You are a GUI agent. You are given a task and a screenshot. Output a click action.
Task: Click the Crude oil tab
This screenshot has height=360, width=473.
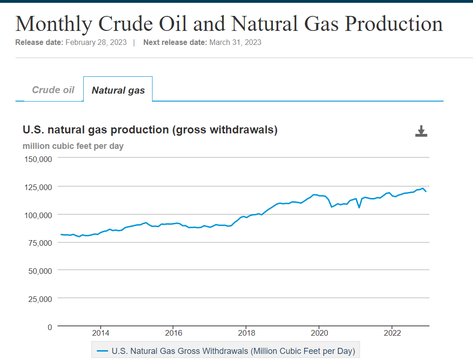tap(53, 90)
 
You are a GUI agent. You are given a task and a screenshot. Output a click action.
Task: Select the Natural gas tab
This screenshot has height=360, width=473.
tap(118, 90)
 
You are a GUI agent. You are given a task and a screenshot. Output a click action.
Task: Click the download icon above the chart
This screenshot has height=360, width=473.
tap(421, 131)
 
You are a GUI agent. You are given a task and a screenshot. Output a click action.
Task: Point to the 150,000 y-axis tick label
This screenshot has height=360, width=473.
tap(37, 159)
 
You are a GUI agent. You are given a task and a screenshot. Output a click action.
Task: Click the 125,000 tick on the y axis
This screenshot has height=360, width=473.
tap(37, 187)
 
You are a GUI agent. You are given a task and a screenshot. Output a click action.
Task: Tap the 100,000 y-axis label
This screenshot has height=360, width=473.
tap(37, 215)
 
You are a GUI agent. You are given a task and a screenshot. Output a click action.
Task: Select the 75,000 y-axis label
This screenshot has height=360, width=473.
tap(40, 242)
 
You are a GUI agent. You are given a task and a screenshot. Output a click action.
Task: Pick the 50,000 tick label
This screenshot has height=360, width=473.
tap(40, 271)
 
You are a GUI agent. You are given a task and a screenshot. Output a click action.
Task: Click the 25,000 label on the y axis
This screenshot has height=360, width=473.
tap(40, 299)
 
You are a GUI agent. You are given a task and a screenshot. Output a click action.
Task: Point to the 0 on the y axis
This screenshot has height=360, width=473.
tap(50, 327)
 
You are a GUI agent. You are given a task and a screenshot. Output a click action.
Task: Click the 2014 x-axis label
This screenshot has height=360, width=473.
tap(100, 333)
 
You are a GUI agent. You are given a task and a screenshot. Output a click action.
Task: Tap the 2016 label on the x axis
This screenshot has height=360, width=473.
tap(173, 333)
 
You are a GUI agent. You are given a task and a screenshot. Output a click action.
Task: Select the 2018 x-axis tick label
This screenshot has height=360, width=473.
tap(246, 333)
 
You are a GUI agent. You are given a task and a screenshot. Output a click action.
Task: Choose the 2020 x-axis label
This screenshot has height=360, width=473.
tap(319, 333)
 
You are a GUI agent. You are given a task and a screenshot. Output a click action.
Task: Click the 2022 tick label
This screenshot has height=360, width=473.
tap(392, 333)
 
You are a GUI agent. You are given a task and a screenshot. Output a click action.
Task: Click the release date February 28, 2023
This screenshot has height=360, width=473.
tap(96, 42)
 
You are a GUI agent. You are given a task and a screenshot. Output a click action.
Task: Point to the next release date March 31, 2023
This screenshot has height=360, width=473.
tap(235, 42)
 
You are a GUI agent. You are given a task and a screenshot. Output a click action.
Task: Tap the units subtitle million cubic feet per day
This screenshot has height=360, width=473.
tap(73, 146)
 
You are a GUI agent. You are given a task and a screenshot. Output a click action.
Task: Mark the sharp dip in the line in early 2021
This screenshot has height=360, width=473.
tap(359, 207)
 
